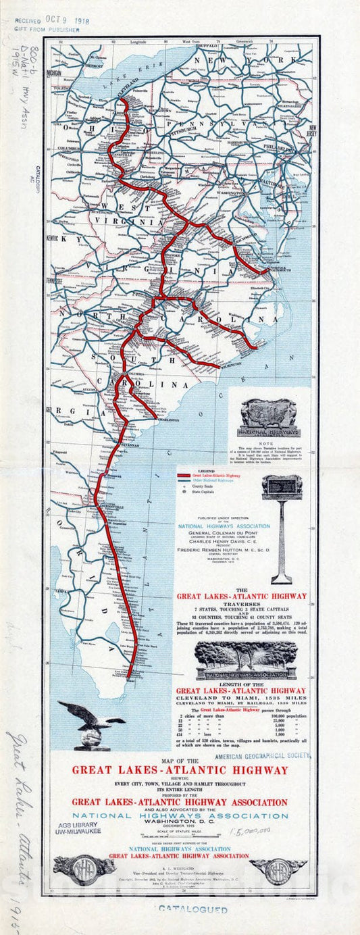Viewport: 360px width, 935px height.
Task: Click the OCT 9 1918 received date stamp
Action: pos(68,20)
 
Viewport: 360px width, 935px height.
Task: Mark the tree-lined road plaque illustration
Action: pos(246,659)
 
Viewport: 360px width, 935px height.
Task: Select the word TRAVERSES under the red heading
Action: pos(241,605)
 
